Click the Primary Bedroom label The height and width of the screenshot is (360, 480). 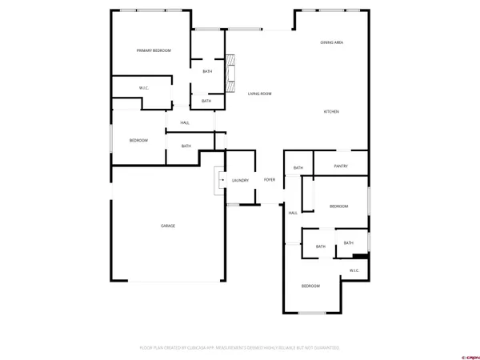coord(154,50)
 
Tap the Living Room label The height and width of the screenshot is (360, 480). coord(259,94)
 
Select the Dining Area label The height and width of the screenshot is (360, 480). coord(332,42)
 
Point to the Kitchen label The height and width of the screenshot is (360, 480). coord(331,111)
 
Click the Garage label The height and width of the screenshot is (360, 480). coord(168,226)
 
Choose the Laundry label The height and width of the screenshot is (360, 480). coord(240,180)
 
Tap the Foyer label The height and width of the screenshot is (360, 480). coord(270,179)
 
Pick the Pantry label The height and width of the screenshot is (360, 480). coord(341,166)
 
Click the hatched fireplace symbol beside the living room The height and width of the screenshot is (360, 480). coord(230,70)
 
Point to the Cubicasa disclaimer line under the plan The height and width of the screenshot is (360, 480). coord(240,348)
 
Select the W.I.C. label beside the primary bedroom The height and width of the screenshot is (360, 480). coord(145,88)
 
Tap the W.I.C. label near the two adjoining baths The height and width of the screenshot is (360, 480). coord(354,270)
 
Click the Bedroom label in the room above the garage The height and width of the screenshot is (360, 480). coord(138,140)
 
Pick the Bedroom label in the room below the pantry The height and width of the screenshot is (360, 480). coord(339,206)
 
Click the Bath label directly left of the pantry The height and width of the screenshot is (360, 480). coord(298,167)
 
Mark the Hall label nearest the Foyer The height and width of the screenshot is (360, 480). coord(293,213)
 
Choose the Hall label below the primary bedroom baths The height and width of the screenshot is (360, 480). coord(185,122)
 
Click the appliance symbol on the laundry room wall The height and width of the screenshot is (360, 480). coord(218,182)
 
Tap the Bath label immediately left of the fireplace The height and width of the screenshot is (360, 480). coord(207,72)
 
